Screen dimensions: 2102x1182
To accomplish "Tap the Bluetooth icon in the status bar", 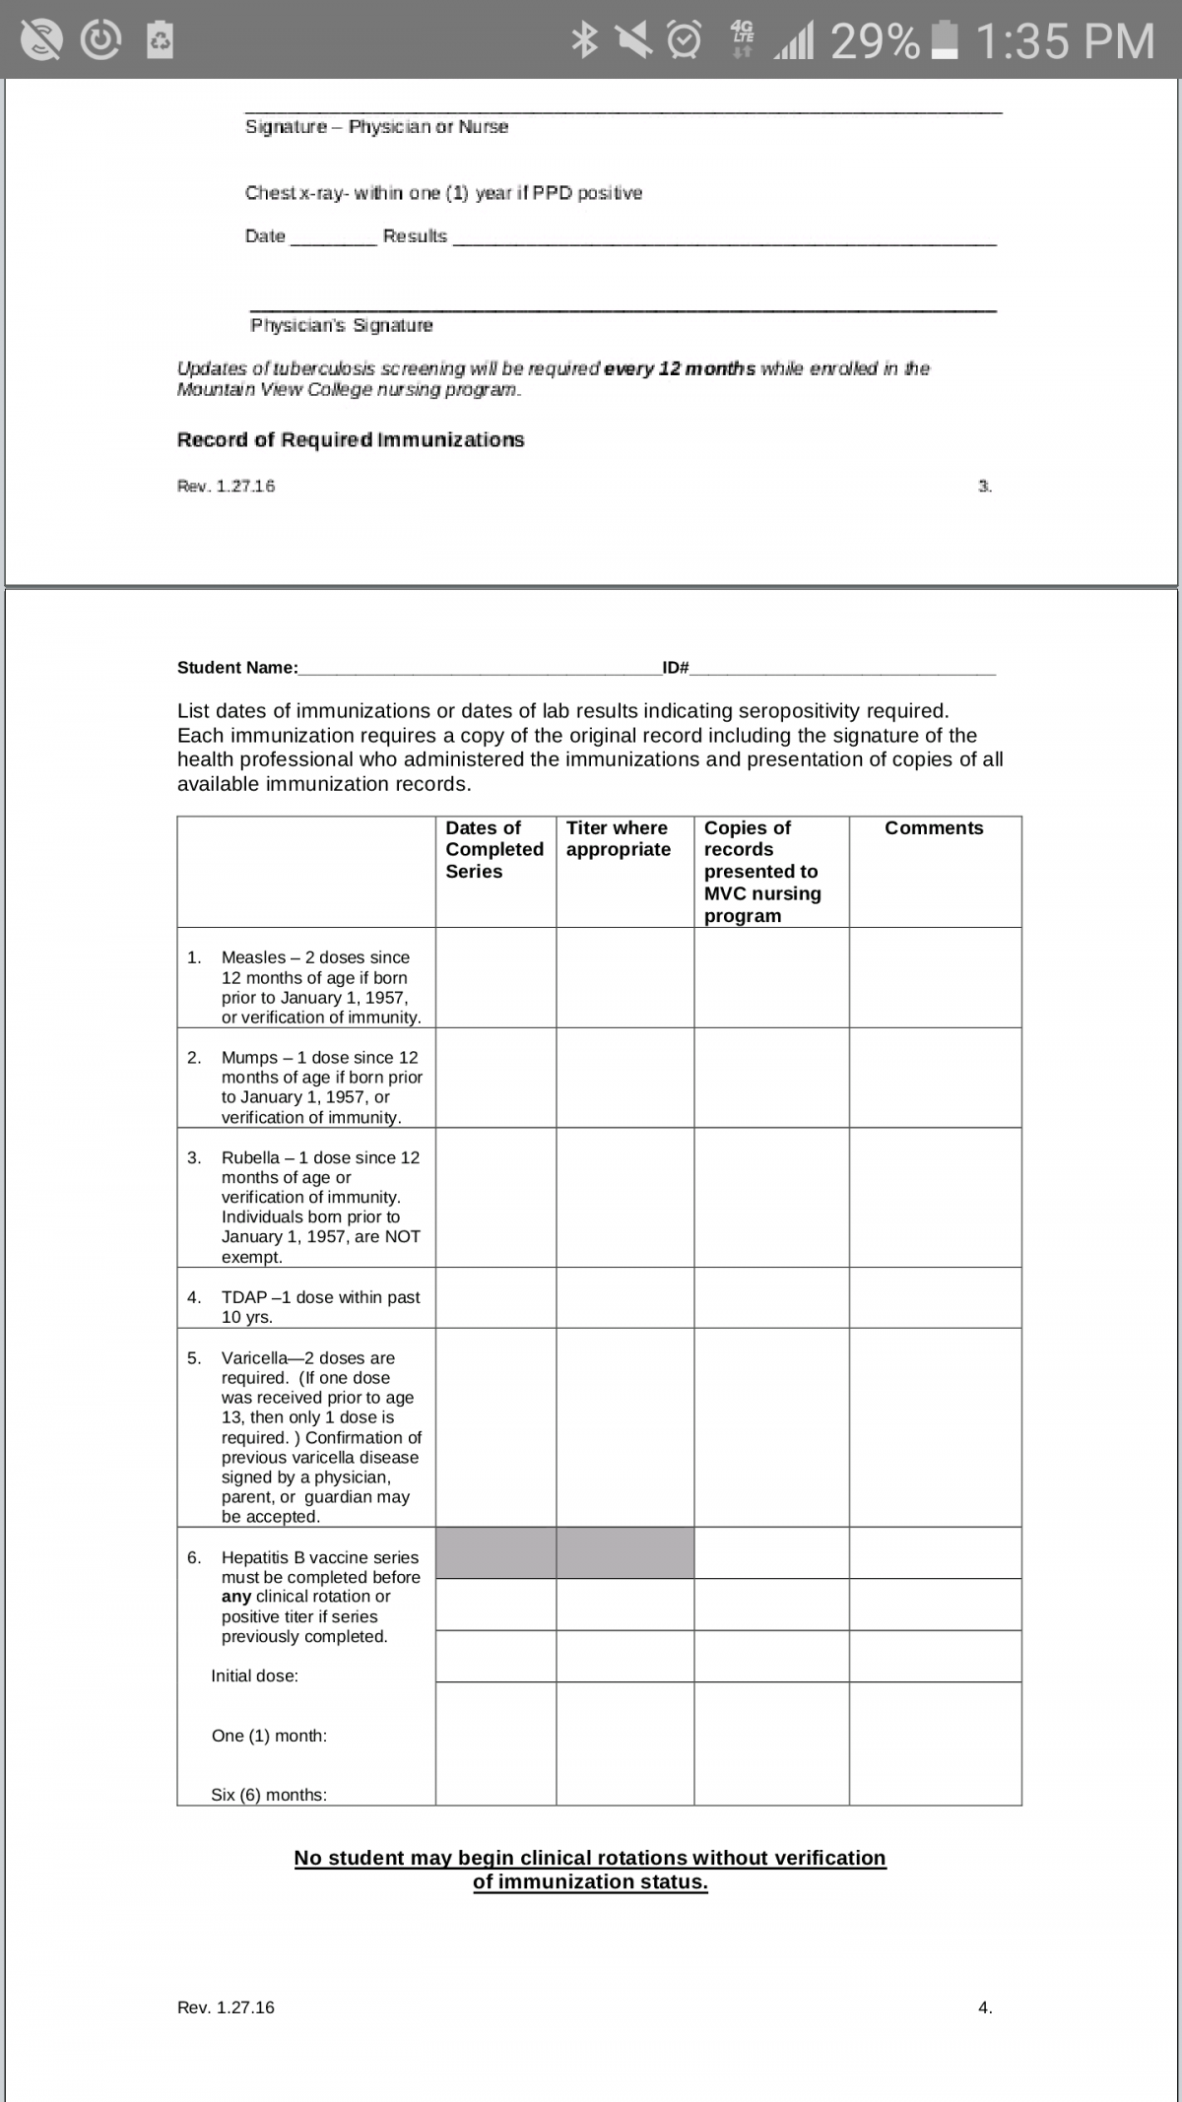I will [585, 40].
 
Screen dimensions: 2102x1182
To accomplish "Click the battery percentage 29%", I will [875, 41].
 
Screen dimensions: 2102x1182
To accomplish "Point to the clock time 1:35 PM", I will [1065, 41].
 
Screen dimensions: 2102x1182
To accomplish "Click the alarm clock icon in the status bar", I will [685, 40].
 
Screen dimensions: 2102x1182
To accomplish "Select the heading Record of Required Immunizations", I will [351, 440].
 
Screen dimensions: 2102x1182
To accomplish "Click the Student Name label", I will [237, 668].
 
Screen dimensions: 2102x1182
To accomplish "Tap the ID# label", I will [676, 668].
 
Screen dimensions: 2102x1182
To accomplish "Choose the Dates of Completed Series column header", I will [494, 850].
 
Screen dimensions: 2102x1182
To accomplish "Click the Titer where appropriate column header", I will [619, 839].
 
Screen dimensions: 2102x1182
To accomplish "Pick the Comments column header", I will [934, 828].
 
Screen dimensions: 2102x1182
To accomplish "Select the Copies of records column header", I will [762, 872].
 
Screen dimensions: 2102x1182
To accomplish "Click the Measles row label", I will [315, 987].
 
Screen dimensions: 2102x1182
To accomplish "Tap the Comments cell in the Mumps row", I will [935, 1078].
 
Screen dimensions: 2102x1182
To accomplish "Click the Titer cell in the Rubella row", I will [624, 1197].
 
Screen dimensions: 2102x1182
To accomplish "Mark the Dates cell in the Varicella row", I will [495, 1427].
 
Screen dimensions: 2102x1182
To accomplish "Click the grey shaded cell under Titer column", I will [624, 1553].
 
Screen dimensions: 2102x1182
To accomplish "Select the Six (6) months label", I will [269, 1795].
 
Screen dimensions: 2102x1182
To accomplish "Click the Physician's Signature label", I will [341, 325].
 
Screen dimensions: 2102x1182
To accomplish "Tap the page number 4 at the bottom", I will [985, 2007].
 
